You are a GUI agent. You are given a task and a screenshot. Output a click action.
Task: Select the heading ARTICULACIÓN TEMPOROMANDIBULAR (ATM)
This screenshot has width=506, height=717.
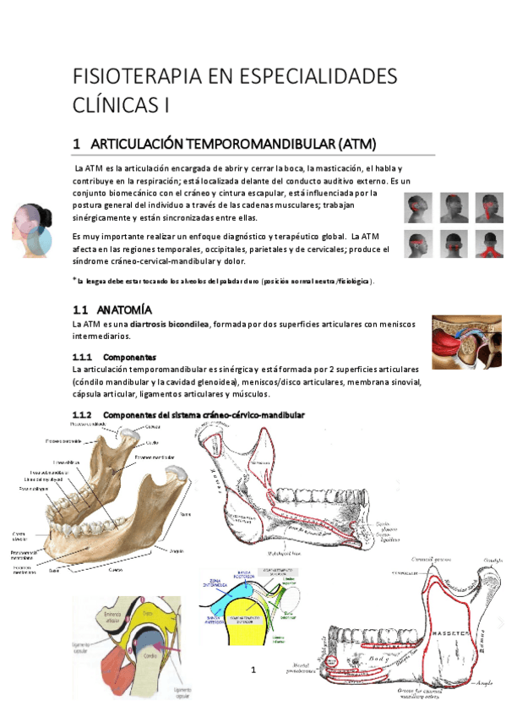(x=233, y=144)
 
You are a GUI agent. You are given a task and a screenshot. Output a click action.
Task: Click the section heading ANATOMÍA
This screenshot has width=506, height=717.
(x=124, y=309)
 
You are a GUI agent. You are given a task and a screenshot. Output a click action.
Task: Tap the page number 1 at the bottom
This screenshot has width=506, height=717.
(x=252, y=670)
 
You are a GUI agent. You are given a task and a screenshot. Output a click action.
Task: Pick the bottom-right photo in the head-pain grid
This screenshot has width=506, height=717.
(x=488, y=242)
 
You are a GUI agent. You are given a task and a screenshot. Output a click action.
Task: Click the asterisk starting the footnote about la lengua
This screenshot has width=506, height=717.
(x=75, y=278)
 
